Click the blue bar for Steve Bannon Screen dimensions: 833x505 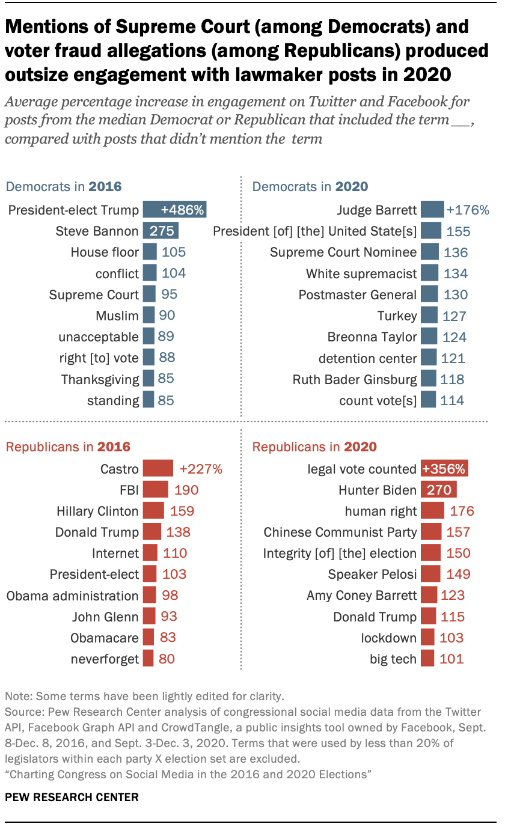(161, 231)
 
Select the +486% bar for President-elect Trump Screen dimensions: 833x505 (174, 210)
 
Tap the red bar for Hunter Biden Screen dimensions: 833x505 (439, 490)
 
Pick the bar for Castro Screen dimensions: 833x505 (158, 469)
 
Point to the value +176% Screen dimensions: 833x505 (468, 210)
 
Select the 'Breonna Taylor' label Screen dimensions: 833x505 (372, 337)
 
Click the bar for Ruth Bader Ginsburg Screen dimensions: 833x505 (428, 379)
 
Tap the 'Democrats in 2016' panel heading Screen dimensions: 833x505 (64, 186)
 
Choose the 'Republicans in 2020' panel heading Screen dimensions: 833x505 (314, 447)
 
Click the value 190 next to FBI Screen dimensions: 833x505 (186, 490)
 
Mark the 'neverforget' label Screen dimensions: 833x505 (105, 659)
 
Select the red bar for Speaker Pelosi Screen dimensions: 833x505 (430, 574)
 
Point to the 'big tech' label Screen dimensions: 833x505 (393, 659)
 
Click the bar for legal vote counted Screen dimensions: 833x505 (445, 469)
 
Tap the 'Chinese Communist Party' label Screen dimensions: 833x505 (340, 532)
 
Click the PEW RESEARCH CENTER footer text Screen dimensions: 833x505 (72, 798)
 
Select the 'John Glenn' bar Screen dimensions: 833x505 (148, 616)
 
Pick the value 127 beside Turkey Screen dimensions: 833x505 (454, 316)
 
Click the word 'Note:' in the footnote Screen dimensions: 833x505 (19, 697)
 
